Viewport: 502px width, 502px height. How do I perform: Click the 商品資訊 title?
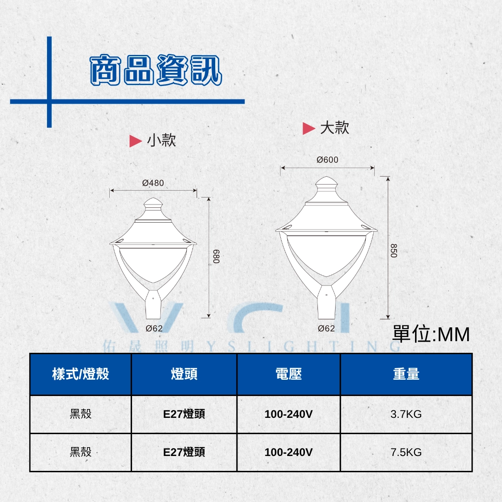pyautogui.click(x=156, y=70)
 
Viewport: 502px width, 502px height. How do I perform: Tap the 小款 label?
pyautogui.click(x=161, y=140)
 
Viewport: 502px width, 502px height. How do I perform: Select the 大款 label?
pyautogui.click(x=335, y=128)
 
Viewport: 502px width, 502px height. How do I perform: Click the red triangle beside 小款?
pyautogui.click(x=135, y=141)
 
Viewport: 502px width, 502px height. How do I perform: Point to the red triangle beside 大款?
pyautogui.click(x=309, y=128)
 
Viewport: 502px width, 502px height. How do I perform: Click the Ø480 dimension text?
pyautogui.click(x=153, y=183)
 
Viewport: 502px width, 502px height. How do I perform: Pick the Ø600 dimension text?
pyautogui.click(x=327, y=159)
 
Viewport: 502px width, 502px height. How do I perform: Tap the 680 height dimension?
pyautogui.click(x=217, y=257)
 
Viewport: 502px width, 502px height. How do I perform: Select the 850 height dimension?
pyautogui.click(x=394, y=251)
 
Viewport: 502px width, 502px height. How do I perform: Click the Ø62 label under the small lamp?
pyautogui.click(x=154, y=328)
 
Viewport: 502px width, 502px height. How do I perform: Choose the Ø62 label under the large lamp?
pyautogui.click(x=326, y=328)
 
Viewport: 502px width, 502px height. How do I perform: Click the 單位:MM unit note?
pyautogui.click(x=431, y=334)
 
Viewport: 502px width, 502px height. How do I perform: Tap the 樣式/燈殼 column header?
pyautogui.click(x=80, y=374)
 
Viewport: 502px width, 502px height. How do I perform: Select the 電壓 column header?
pyautogui.click(x=289, y=374)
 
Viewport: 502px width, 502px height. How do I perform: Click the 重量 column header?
pyautogui.click(x=406, y=374)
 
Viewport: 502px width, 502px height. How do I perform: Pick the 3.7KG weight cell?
pyautogui.click(x=406, y=414)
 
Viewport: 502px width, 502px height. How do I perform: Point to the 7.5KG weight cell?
pyautogui.click(x=406, y=452)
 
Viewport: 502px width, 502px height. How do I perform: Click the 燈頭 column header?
pyautogui.click(x=184, y=374)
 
